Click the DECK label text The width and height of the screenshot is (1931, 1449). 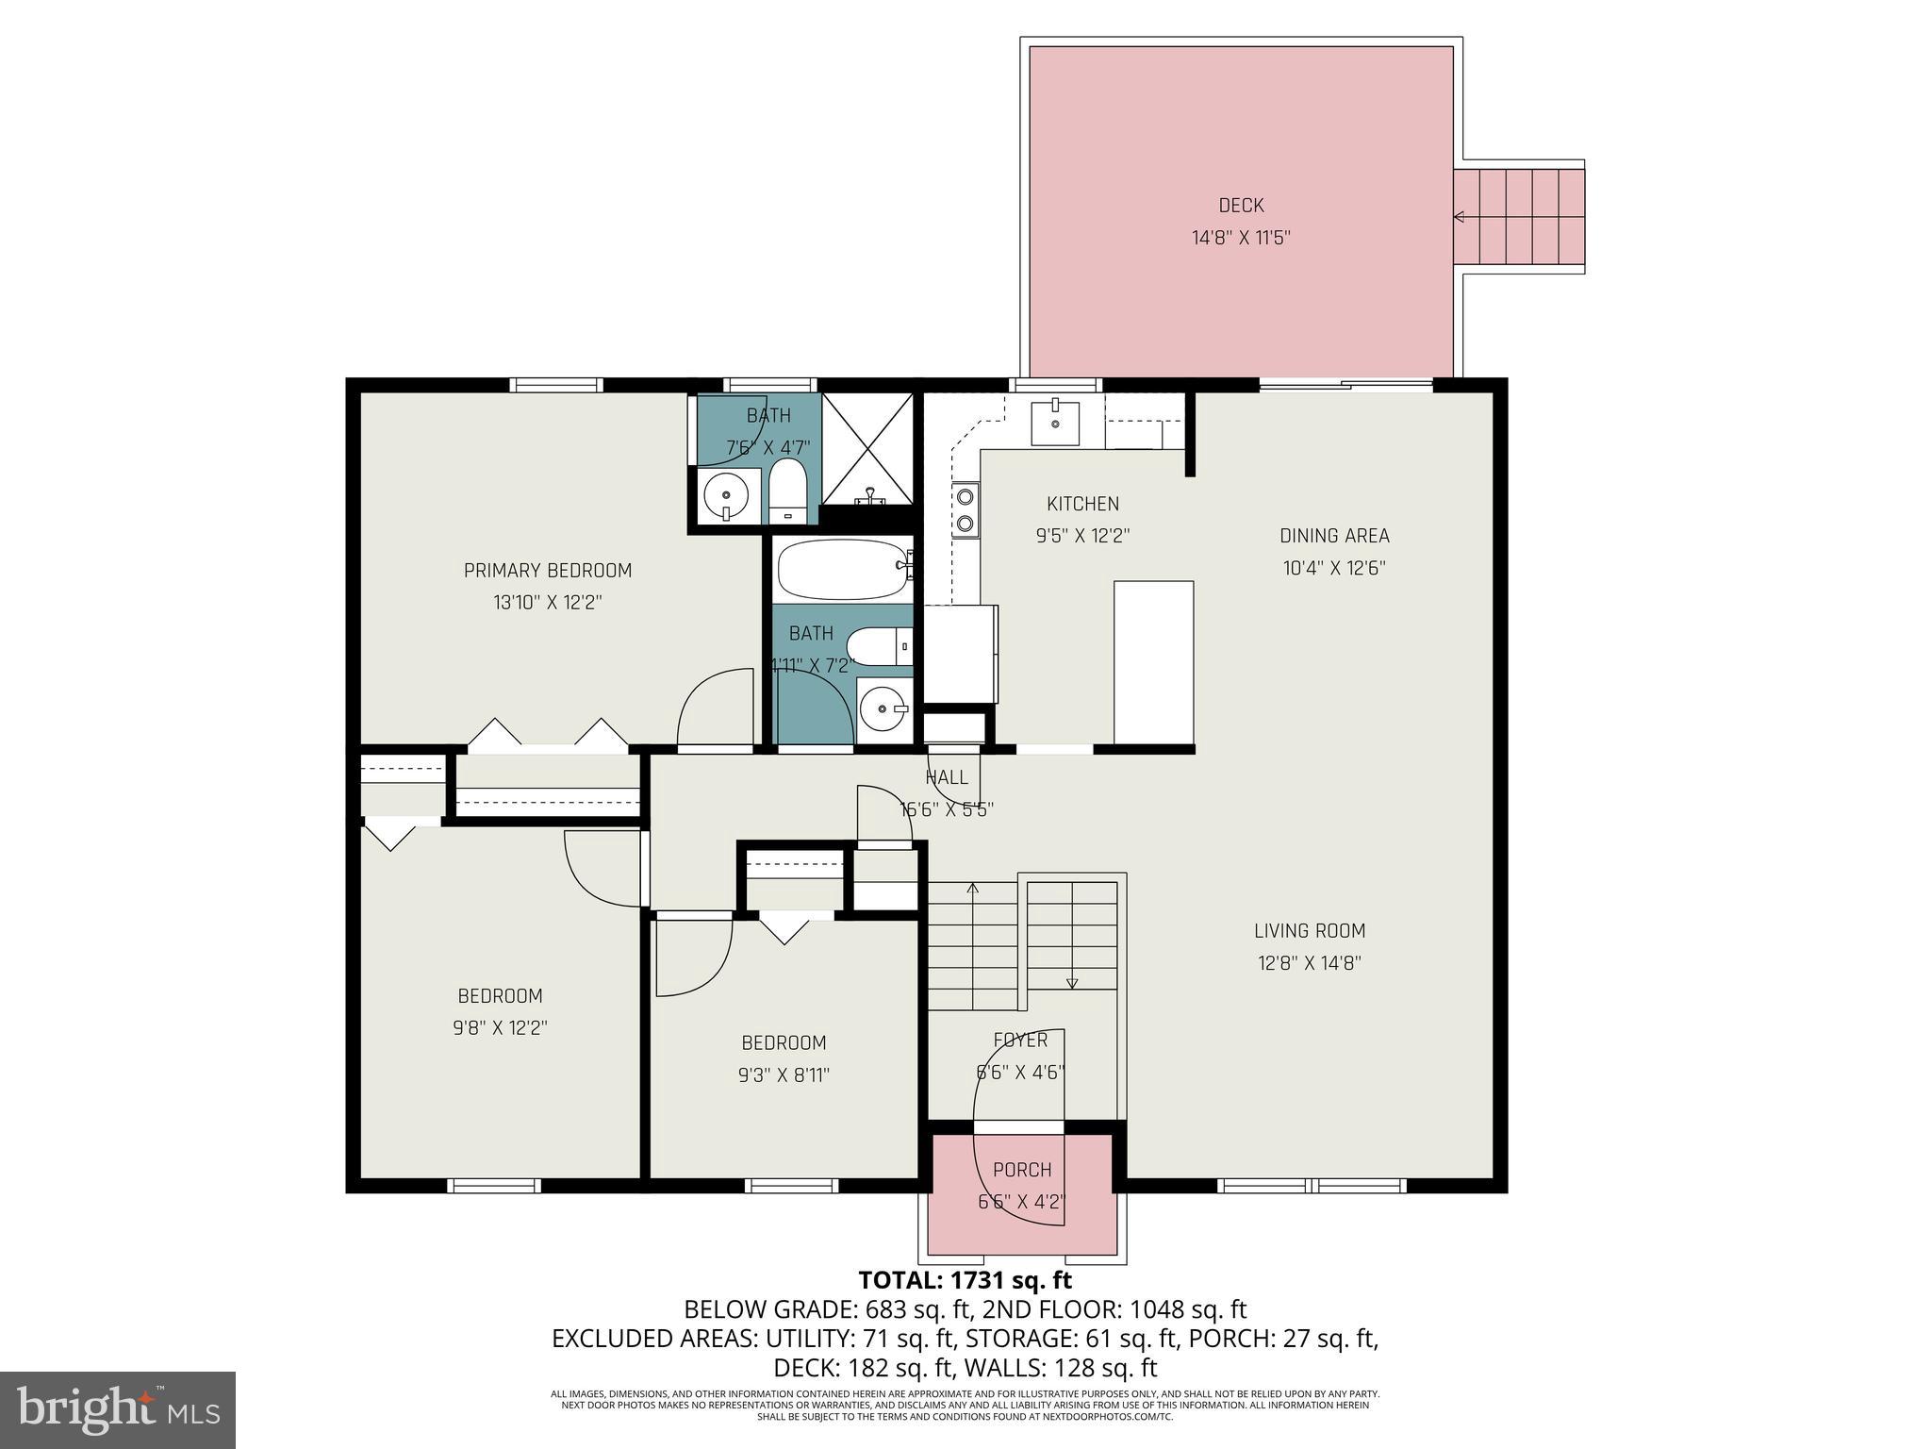[1240, 206]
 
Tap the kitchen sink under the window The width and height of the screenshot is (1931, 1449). [1054, 422]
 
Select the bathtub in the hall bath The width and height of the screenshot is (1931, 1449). [842, 569]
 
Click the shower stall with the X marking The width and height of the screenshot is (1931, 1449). [868, 449]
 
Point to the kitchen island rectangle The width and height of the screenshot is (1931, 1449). [1153, 663]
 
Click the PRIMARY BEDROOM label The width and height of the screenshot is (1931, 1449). [547, 571]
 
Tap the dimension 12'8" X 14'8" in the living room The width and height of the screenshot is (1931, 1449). [1309, 963]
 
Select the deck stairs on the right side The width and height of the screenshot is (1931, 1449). [1518, 217]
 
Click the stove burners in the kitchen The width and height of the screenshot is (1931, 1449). [965, 509]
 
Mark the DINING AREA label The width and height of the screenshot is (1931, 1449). [1333, 536]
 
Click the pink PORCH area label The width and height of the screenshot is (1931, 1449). [1021, 1170]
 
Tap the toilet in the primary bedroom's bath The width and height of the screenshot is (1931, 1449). [787, 491]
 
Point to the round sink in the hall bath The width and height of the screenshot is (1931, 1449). [883, 708]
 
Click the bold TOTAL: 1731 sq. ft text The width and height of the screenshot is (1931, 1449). [965, 1280]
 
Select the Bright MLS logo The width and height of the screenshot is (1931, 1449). [118, 1409]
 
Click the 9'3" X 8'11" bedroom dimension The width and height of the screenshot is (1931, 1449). [784, 1074]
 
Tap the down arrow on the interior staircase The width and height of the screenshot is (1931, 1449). [1072, 983]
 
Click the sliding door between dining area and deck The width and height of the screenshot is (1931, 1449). [1345, 384]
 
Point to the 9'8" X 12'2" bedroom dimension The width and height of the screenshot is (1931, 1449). [500, 1027]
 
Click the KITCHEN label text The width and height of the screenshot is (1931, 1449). [1082, 504]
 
